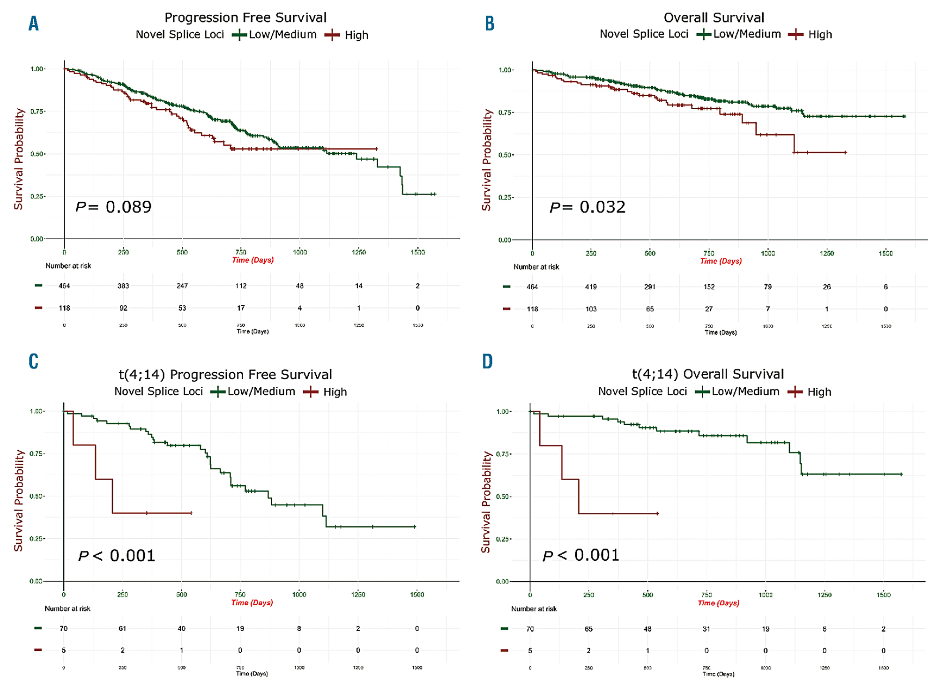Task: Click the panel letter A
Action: [33, 23]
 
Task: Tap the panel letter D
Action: [487, 361]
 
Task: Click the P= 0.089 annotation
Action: [114, 207]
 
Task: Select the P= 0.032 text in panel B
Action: [587, 207]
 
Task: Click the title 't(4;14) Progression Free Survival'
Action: [225, 374]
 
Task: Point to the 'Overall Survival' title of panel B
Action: [714, 18]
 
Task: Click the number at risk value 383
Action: [123, 286]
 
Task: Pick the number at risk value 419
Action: [591, 286]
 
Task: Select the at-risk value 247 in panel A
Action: [182, 286]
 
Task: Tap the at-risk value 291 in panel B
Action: [650, 286]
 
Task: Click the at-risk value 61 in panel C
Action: [122, 628]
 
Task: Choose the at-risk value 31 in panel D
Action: [706, 629]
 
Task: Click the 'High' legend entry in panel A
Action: [356, 35]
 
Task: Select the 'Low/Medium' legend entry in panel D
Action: [745, 391]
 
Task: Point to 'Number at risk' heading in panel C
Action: [67, 609]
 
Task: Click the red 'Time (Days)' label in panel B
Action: [721, 261]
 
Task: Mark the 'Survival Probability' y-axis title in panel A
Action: [19, 159]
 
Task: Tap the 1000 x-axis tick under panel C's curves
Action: [299, 595]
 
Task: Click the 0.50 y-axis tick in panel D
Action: [503, 497]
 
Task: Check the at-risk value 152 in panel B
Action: [709, 286]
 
